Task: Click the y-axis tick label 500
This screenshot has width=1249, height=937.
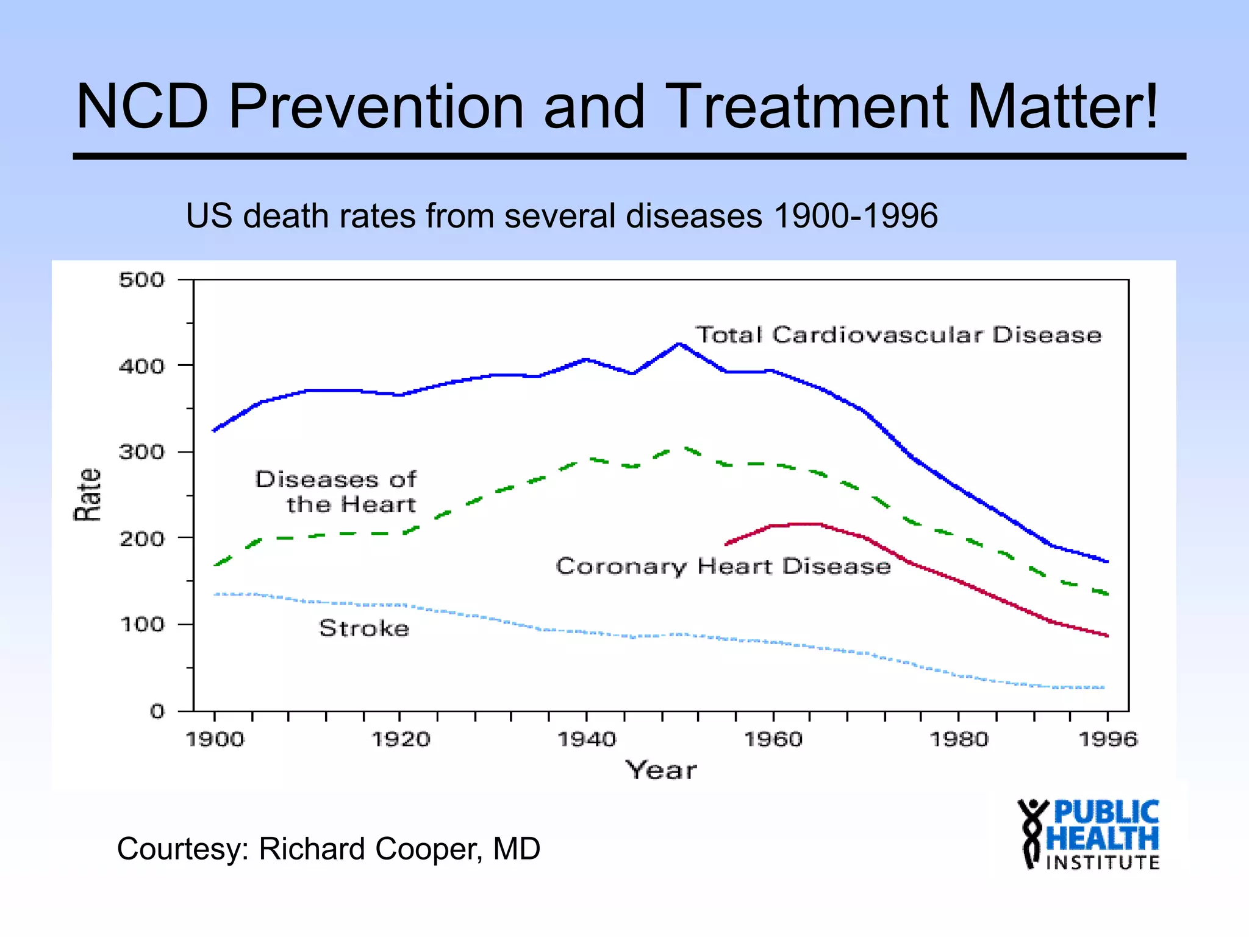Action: tap(141, 280)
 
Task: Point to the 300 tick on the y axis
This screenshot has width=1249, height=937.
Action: tap(141, 452)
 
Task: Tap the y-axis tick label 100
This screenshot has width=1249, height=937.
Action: tap(141, 625)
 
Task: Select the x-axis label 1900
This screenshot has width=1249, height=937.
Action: tap(214, 739)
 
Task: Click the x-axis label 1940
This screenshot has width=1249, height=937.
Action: tap(587, 739)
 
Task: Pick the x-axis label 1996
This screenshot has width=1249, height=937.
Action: tap(1108, 739)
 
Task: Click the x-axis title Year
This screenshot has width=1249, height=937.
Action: tap(661, 770)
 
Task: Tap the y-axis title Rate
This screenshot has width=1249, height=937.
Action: tap(88, 495)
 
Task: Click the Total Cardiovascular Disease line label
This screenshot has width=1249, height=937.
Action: tap(898, 335)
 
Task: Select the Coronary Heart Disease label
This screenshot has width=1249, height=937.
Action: tap(723, 567)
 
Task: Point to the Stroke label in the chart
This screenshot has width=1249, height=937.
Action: tap(364, 628)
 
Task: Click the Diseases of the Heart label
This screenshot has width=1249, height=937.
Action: tap(336, 492)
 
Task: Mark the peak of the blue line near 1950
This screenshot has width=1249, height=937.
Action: tap(679, 344)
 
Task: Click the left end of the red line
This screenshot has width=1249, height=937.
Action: tap(726, 544)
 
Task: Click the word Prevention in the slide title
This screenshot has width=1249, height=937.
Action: tap(376, 107)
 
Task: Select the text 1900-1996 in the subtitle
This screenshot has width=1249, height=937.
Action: tap(856, 216)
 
